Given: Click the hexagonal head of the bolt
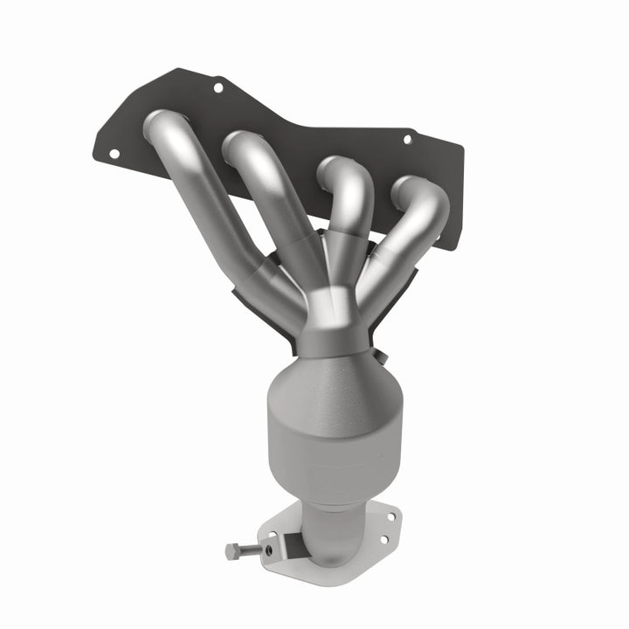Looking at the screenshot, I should (x=232, y=551).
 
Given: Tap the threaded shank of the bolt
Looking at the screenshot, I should (x=251, y=550).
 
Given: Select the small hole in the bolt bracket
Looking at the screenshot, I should (x=270, y=550).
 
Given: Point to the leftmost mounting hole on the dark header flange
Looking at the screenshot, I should (x=114, y=153).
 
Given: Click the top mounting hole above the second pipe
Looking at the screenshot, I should (x=218, y=87).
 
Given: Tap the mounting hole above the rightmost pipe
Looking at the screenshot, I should (x=406, y=138).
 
